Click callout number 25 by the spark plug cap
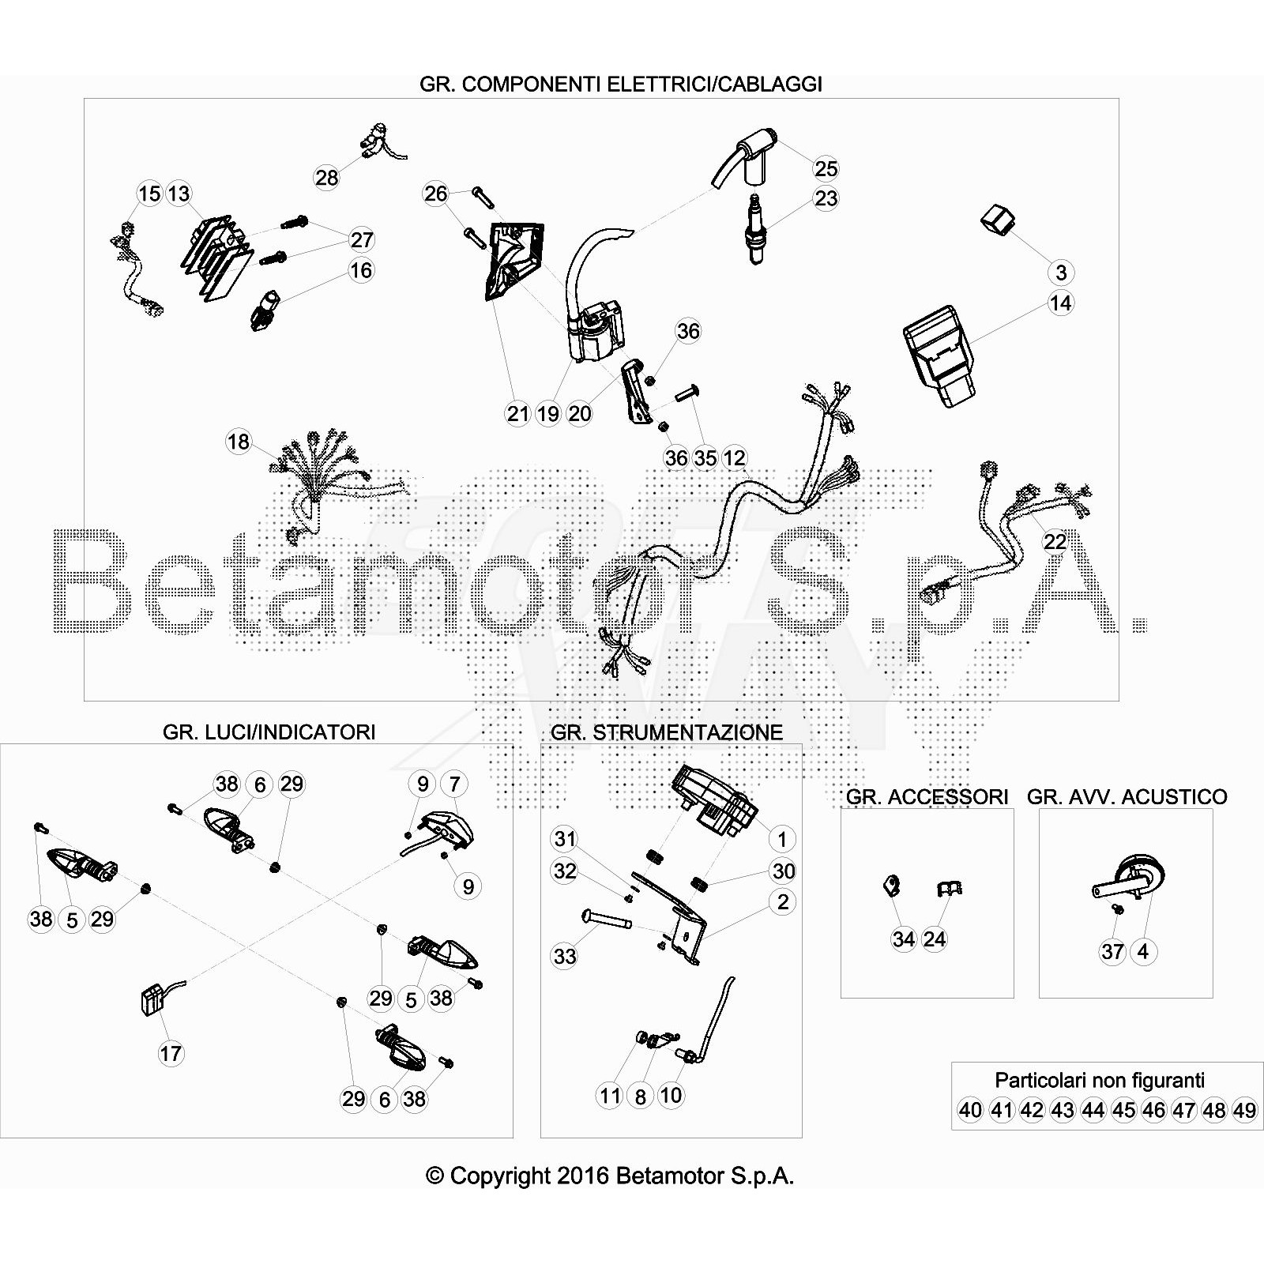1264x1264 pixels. point(826,168)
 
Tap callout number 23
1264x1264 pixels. point(826,198)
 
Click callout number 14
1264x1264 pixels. point(1060,303)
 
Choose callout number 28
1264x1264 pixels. point(327,178)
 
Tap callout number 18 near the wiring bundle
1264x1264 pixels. point(239,442)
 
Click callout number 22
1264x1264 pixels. point(1055,541)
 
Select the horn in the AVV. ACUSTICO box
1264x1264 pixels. point(1131,879)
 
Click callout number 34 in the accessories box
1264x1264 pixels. point(904,939)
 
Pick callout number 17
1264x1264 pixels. point(171,1053)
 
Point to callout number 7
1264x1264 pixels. point(454,784)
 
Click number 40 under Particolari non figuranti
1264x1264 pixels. point(970,1110)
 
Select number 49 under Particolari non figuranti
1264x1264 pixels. point(1244,1110)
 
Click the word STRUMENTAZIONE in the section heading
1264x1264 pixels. point(687,732)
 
